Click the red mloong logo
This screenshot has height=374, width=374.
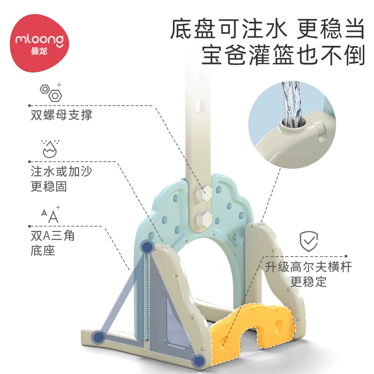[x=39, y=43]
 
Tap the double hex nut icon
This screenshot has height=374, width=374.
[x=51, y=92]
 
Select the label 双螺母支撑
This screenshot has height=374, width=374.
[x=61, y=115]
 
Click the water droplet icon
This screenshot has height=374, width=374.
[x=50, y=149]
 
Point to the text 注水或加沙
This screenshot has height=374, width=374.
[x=61, y=171]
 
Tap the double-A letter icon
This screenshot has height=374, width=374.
[x=50, y=215]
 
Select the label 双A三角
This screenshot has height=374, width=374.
[x=53, y=236]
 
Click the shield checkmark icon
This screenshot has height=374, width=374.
[x=309, y=241]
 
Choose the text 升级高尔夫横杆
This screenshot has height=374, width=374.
[x=309, y=266]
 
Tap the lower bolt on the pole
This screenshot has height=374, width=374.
[x=204, y=218]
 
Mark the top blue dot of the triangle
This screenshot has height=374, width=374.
[x=147, y=247]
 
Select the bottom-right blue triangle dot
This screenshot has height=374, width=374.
[x=198, y=360]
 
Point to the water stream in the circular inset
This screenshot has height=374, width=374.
[x=290, y=102]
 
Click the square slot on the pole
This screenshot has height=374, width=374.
[x=201, y=106]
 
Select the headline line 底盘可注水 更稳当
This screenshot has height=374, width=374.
[x=267, y=29]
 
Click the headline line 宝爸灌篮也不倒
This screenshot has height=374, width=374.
[x=283, y=55]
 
